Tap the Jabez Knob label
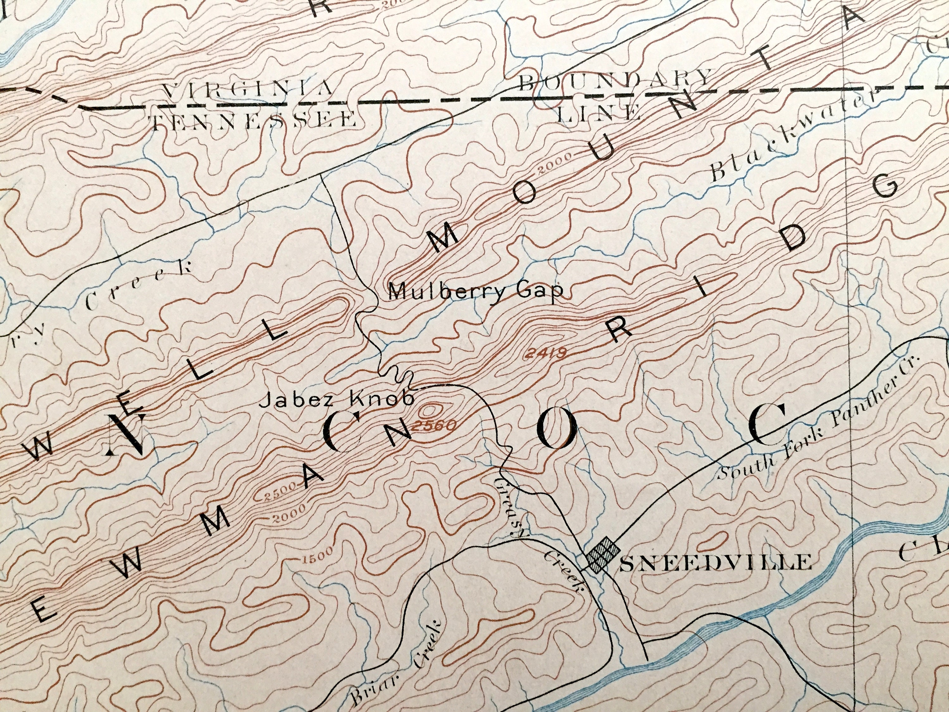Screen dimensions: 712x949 pos(337,400)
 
